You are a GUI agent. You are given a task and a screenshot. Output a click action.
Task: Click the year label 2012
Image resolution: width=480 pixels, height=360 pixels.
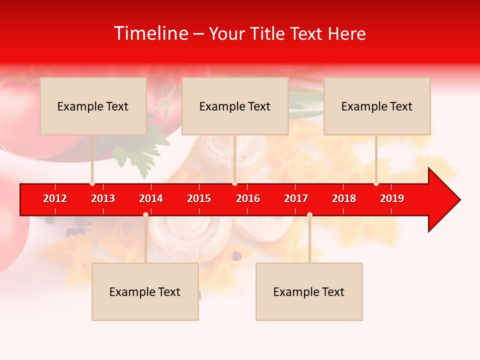(x=55, y=198)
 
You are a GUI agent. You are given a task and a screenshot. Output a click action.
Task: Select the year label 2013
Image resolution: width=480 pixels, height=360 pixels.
(x=103, y=198)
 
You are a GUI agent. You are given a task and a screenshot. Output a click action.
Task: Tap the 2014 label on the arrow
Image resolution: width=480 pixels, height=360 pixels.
(x=151, y=198)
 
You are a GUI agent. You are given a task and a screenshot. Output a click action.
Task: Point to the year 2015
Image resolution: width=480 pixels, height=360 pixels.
(x=199, y=198)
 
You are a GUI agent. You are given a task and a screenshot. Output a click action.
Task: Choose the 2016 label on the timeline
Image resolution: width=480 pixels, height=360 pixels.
(x=248, y=198)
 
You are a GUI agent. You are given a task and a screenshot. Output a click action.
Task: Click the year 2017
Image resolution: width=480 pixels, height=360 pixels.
(x=296, y=198)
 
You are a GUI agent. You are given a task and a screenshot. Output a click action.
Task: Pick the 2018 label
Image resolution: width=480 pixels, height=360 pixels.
(x=344, y=198)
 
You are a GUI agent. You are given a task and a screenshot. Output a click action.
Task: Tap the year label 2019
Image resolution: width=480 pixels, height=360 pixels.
(x=392, y=198)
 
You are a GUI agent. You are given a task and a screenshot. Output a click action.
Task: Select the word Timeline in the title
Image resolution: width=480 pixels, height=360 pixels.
(x=150, y=33)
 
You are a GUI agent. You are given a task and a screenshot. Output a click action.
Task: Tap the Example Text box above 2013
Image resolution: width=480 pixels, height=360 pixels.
(x=93, y=106)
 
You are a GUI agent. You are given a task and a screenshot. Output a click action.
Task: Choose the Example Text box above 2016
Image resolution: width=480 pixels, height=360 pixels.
(x=235, y=106)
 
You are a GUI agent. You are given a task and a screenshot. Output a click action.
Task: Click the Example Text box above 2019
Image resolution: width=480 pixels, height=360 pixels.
(x=377, y=106)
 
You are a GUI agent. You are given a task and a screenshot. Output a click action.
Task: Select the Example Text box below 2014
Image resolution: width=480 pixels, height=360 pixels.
(x=145, y=291)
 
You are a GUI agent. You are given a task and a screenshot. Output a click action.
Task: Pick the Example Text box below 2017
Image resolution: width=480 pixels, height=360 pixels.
(x=309, y=291)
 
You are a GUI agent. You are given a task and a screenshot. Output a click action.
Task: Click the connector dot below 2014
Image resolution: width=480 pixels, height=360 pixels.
(x=145, y=214)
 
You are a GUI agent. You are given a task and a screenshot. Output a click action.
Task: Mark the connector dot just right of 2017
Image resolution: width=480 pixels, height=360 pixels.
(x=309, y=214)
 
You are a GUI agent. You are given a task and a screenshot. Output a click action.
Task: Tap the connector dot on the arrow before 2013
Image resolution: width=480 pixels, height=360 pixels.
(x=92, y=183)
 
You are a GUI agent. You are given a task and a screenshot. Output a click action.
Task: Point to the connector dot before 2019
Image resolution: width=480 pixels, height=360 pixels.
(x=376, y=183)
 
